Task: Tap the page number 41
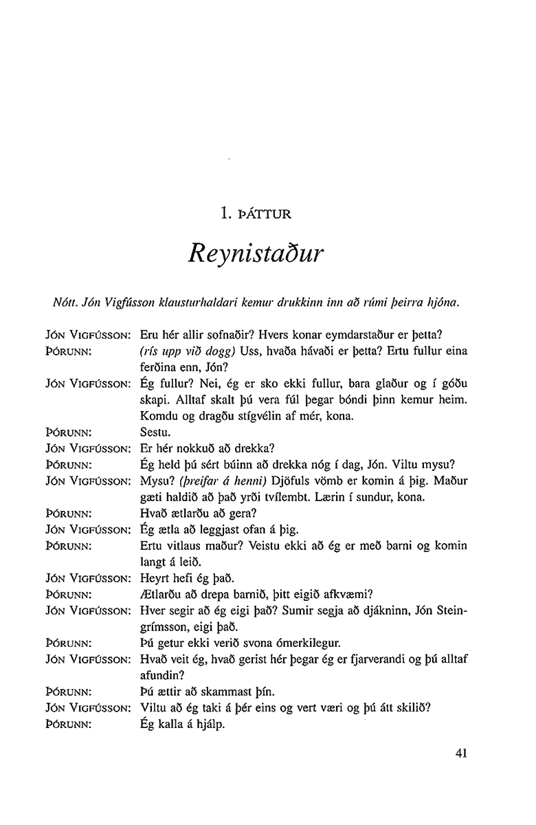point(461,752)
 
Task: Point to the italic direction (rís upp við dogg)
point(188,351)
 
